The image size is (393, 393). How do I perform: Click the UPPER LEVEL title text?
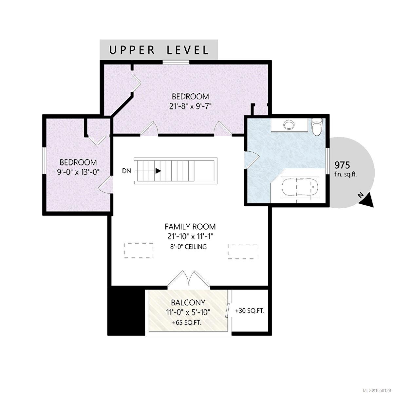[x=159, y=50]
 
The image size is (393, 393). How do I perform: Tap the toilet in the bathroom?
[x=316, y=127]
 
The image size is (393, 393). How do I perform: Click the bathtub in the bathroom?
[x=300, y=187]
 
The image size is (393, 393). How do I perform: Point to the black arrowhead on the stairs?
[x=158, y=171]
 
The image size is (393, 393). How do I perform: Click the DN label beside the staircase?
[x=126, y=171]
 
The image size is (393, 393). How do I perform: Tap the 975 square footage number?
[x=342, y=165]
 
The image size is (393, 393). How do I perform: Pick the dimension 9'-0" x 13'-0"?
[x=78, y=172]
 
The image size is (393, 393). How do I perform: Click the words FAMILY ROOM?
[x=190, y=226]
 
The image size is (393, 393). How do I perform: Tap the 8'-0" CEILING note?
[x=189, y=247]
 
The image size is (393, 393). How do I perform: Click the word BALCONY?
[x=188, y=303]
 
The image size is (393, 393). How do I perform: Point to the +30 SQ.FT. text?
[x=250, y=311]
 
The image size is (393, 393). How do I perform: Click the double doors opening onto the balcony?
[x=189, y=280]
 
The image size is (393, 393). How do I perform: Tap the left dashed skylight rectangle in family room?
[x=139, y=251]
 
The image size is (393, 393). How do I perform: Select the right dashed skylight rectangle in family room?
[x=242, y=251]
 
